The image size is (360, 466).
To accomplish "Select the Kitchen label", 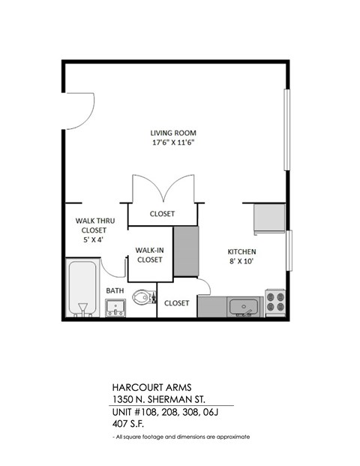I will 242,251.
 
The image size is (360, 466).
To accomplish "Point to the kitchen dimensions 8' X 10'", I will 242,261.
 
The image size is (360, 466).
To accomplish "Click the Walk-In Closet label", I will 149,255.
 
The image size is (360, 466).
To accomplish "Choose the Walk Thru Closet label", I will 93,227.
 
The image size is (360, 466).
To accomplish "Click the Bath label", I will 115,290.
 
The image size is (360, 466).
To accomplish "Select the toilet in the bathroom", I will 142,299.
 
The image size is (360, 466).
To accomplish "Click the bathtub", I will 80,288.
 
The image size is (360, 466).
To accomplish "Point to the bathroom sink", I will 115,307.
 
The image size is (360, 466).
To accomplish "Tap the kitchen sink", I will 243,306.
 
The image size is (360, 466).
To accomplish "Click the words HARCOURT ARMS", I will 146,389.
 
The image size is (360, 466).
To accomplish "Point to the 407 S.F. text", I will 127,424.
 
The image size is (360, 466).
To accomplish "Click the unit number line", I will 162,412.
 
